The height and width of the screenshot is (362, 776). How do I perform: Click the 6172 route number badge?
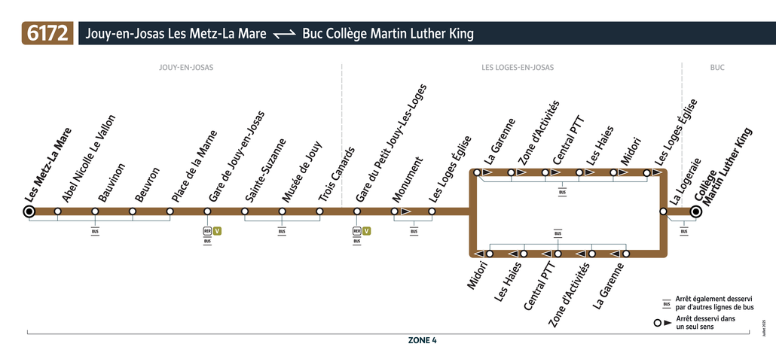pos(47,33)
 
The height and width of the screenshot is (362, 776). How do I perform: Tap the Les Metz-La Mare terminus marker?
pos(29,211)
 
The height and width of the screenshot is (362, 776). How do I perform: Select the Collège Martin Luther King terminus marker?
pos(696,211)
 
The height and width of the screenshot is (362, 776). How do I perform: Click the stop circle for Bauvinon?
pos(95,211)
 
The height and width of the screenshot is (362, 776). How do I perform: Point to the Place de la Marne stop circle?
pos(170,211)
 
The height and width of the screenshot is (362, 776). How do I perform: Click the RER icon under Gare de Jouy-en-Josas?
pos(207,231)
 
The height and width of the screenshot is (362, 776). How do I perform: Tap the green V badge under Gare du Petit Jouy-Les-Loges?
pos(366,231)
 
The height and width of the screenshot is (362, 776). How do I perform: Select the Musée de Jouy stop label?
pos(302,172)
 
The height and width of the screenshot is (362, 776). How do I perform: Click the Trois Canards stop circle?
pos(319,211)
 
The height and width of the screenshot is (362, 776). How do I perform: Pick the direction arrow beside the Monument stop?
pos(406,211)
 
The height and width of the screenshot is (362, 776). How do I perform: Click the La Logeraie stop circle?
pos(663,211)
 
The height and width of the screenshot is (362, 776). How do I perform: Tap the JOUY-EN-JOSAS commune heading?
pos(186,67)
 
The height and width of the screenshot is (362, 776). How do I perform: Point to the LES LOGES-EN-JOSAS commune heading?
pos(518,67)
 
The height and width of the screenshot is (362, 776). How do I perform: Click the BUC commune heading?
pos(717,67)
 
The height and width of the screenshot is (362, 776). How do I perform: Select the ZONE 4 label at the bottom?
pos(422,340)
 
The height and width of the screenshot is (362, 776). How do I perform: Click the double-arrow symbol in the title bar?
pos(285,34)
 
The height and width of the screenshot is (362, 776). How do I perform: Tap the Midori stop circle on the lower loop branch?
pos(490,254)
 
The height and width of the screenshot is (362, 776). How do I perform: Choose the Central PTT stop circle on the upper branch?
pos(545,172)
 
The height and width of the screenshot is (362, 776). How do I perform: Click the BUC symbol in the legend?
pos(667,303)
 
